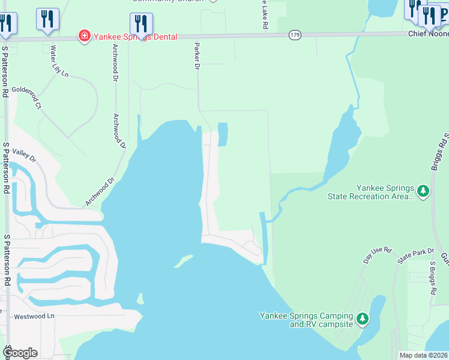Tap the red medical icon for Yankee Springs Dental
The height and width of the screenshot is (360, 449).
coord(85,37)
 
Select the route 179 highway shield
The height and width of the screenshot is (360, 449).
coord(294,35)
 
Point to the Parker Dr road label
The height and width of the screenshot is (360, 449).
coord(196,56)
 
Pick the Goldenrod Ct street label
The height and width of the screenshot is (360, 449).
coord(25,97)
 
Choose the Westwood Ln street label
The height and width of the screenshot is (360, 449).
coord(34,316)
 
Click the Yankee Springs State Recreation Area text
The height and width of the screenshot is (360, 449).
coord(370,192)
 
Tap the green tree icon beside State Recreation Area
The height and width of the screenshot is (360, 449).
coord(424,191)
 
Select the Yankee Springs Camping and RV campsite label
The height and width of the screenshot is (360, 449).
coord(306,320)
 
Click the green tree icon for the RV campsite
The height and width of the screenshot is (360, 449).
coord(362,319)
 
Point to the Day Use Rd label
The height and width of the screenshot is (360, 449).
coord(378,254)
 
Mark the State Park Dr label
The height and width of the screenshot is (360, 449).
coord(412,257)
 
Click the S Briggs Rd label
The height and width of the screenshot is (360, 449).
coord(432,278)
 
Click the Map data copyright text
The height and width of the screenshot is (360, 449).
coord(424,355)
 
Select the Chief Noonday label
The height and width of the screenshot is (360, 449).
coord(429,34)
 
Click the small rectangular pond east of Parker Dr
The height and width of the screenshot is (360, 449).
coord(223,134)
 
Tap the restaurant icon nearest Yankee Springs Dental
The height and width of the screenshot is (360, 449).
coord(141,23)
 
